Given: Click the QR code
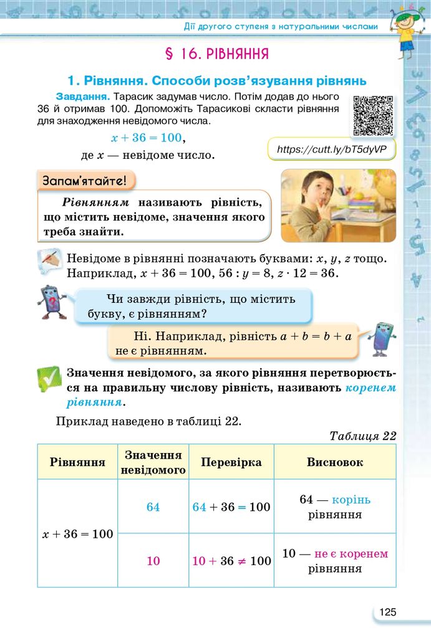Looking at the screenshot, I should (x=373, y=115).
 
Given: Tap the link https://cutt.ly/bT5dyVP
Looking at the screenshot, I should (x=332, y=150).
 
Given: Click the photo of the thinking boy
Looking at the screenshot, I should (x=338, y=205).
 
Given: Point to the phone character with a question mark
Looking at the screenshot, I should (x=51, y=302).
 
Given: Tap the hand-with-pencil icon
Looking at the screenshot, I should (x=50, y=264).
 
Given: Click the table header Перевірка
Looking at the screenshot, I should (x=231, y=462).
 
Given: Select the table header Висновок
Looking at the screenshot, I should (x=335, y=462).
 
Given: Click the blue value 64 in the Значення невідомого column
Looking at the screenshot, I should (x=153, y=507).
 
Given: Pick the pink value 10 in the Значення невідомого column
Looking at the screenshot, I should (x=153, y=561).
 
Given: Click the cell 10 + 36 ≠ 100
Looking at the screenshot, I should (x=231, y=561).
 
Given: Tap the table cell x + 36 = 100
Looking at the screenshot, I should (x=78, y=534).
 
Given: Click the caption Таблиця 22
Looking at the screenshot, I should (x=362, y=436).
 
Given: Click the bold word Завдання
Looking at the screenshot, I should (x=83, y=97).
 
